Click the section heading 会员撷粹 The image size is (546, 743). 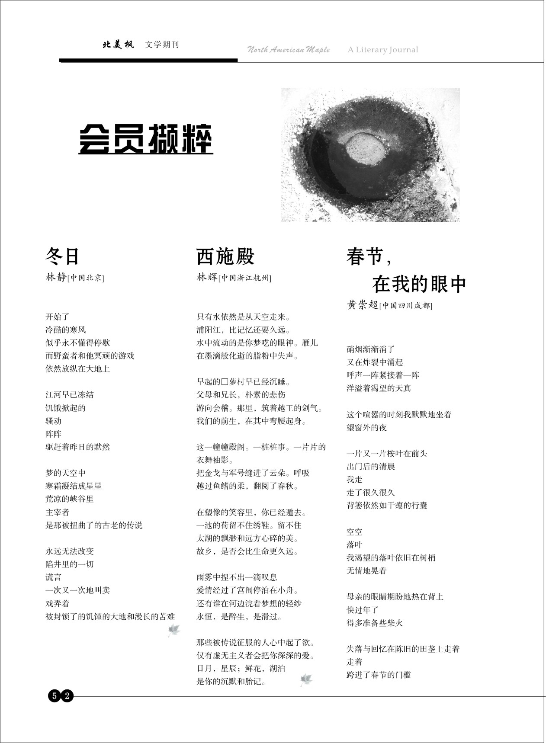click(x=146, y=139)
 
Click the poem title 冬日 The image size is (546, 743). click(x=63, y=256)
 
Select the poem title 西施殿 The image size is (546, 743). click(x=225, y=256)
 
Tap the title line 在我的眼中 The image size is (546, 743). click(x=419, y=284)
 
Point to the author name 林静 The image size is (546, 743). click(x=56, y=278)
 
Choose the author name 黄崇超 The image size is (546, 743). click(x=363, y=305)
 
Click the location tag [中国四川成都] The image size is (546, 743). click(x=406, y=306)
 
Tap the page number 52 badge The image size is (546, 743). click(x=61, y=696)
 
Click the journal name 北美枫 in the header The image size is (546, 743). click(x=118, y=45)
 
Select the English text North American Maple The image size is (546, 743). click(x=288, y=50)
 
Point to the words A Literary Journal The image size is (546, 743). click(x=383, y=50)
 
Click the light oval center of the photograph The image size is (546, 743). click(x=365, y=147)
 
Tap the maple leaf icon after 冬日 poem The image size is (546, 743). click(x=174, y=630)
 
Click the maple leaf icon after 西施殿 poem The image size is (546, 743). click(x=306, y=680)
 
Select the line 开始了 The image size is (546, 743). click(x=58, y=317)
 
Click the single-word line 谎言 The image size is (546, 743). click(x=54, y=577)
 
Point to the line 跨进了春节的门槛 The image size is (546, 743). click(x=379, y=675)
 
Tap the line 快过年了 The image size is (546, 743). click(x=363, y=610)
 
